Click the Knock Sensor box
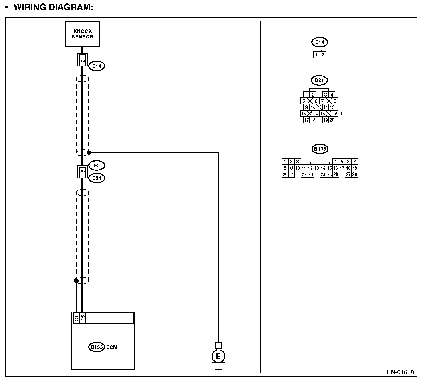(83, 34)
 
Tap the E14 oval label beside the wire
(97, 66)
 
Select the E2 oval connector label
(97, 165)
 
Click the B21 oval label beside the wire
(97, 178)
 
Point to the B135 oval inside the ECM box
(97, 347)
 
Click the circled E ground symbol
(218, 357)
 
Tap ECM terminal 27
(76, 318)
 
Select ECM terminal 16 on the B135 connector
(83, 318)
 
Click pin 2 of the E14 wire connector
(83, 60)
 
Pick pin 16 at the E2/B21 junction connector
(83, 172)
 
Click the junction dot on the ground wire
(89, 153)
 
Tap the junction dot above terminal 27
(76, 280)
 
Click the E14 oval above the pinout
(320, 42)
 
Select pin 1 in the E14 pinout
(316, 55)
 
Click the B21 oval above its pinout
(319, 80)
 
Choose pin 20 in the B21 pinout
(332, 120)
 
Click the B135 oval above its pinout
(320, 149)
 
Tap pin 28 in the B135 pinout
(355, 174)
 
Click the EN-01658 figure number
(400, 372)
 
